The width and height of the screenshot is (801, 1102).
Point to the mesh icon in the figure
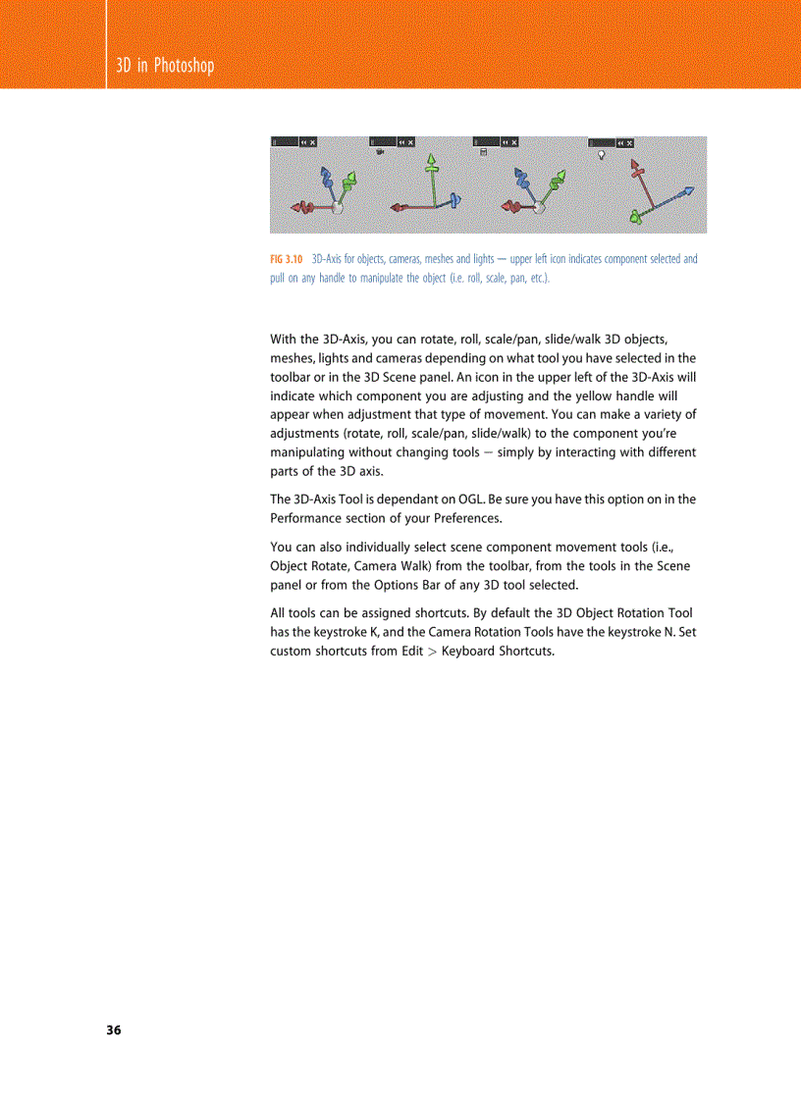click(x=483, y=153)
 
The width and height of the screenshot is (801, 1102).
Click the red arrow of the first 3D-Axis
click(x=303, y=207)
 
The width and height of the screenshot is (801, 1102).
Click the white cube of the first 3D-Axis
click(x=337, y=207)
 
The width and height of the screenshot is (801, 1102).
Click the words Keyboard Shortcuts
click(x=498, y=652)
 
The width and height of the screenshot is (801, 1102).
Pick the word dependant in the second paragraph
click(x=388, y=499)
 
